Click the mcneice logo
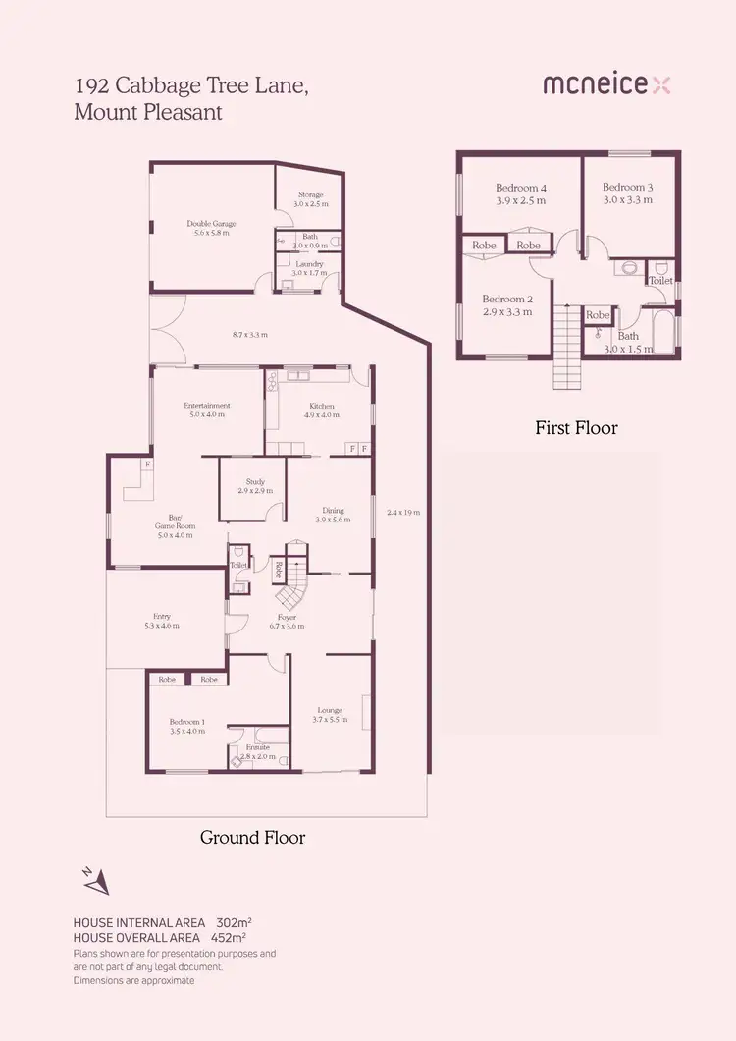(x=607, y=85)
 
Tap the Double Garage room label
(x=212, y=224)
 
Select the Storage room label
(x=310, y=195)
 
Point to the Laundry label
(x=310, y=264)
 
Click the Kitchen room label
(x=322, y=406)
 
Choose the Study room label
(x=252, y=481)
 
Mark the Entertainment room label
(x=207, y=406)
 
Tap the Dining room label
(x=334, y=510)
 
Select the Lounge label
(x=329, y=710)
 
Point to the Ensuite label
(x=258, y=747)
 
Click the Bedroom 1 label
(x=186, y=722)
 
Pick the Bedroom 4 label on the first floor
(x=520, y=188)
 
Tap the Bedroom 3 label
(x=627, y=187)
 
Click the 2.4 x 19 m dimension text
(x=403, y=512)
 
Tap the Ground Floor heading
(x=252, y=838)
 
